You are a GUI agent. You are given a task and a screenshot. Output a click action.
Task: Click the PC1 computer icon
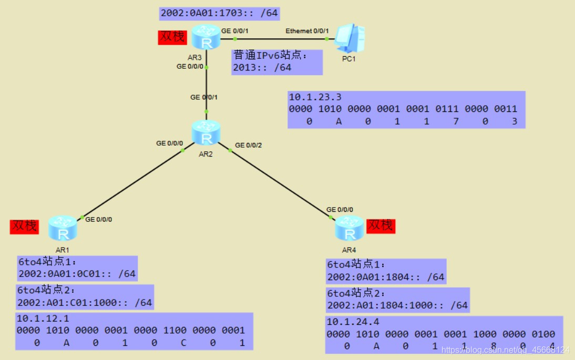coord(351,38)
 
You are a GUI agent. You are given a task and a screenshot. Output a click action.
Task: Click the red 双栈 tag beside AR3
coord(172,37)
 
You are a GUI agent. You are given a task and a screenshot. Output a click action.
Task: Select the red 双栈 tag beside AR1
coord(24,227)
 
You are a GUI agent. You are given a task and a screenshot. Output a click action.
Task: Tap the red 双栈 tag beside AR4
coord(381,225)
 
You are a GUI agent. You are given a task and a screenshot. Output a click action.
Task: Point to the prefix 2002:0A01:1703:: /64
coord(219,13)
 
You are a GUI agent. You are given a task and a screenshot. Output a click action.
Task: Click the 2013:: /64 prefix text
coord(262,67)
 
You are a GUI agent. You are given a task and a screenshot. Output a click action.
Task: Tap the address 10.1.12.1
coord(43,318)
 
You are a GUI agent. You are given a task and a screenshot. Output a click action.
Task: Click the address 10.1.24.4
coord(353,322)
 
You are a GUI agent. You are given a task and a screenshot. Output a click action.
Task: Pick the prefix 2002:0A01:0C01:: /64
coord(77,274)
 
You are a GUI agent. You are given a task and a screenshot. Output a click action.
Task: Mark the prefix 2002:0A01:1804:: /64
coord(386,277)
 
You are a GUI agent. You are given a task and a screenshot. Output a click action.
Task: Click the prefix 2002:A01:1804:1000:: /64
coord(397,305)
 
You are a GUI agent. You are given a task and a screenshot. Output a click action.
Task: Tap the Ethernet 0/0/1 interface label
coord(307,31)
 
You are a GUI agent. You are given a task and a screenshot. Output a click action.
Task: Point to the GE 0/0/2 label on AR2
coord(248,145)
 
